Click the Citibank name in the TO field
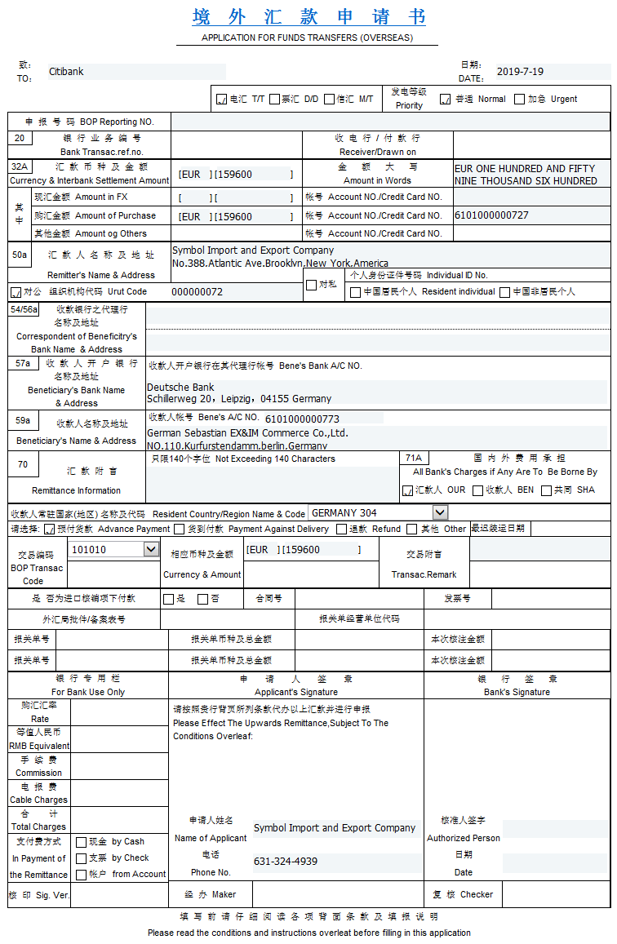(66, 72)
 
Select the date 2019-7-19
(520, 72)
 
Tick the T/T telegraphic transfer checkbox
(221, 100)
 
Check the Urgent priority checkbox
(520, 100)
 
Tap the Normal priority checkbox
(446, 100)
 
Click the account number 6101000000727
(491, 215)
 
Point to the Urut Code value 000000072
(197, 291)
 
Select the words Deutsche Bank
(180, 388)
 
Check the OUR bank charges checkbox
(407, 490)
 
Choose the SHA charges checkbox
(547, 490)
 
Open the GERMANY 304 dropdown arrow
(441, 512)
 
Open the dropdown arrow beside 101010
(151, 550)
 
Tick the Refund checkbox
(341, 529)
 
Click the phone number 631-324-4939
(286, 862)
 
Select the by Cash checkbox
(81, 842)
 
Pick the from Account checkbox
(81, 875)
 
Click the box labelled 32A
(19, 166)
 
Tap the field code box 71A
(413, 459)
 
